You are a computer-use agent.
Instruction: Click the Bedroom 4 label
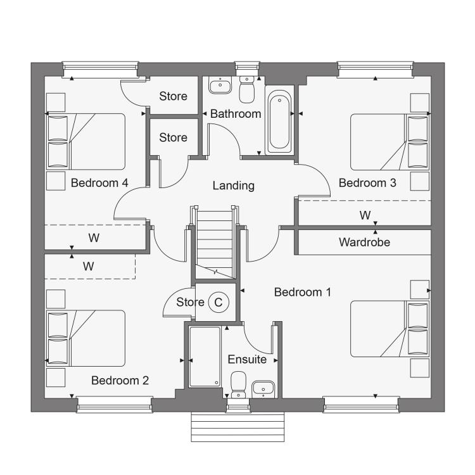(99, 183)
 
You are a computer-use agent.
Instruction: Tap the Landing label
(233, 186)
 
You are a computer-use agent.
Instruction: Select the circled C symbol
(218, 302)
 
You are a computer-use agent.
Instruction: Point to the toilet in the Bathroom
(246, 90)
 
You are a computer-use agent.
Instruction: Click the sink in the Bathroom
(220, 85)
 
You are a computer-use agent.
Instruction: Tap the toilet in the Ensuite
(238, 384)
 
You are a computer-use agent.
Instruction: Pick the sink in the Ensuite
(263, 389)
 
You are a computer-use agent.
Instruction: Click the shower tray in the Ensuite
(205, 357)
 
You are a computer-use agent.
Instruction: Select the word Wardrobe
(364, 243)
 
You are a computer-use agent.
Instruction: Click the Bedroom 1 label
(302, 293)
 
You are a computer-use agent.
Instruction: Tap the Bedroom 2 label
(120, 381)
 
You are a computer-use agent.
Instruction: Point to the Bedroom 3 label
(367, 183)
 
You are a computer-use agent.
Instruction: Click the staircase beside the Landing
(215, 242)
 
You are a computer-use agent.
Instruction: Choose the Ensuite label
(247, 360)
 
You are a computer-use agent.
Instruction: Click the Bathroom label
(236, 114)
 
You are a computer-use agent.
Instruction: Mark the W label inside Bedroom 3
(365, 215)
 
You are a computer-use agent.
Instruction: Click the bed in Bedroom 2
(85, 338)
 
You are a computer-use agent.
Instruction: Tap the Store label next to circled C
(190, 302)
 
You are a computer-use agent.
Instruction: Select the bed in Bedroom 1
(390, 329)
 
